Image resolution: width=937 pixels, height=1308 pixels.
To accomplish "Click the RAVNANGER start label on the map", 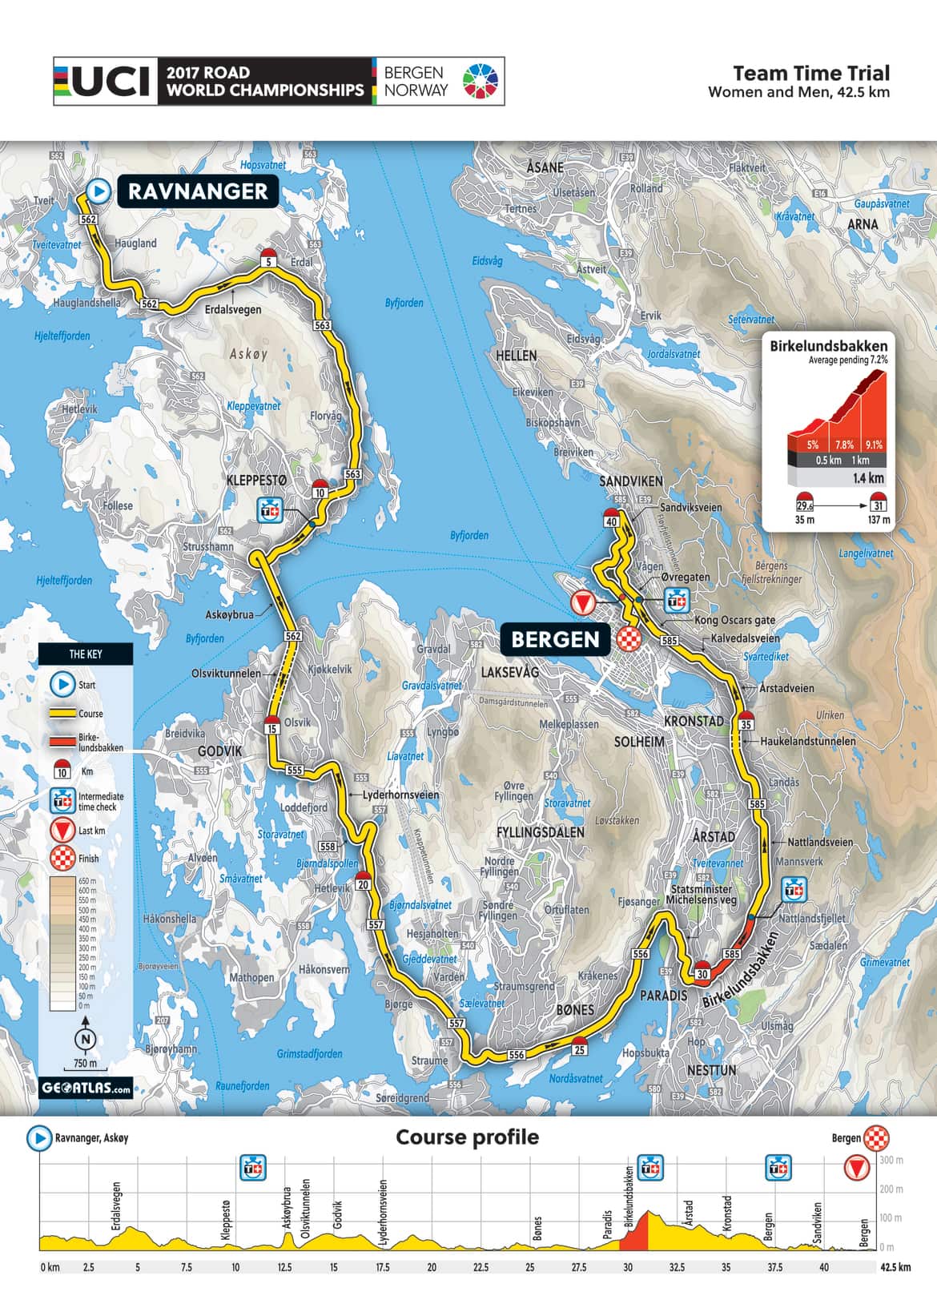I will (197, 191).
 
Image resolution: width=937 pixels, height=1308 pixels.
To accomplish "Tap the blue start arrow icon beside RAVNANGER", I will (98, 191).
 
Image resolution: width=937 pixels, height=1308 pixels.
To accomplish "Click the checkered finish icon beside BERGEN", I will (629, 639).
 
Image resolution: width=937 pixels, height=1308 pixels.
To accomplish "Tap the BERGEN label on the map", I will (555, 639).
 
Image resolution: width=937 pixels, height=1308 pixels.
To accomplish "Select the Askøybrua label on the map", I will (229, 614).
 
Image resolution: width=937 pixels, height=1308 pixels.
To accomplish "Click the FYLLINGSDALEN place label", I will (540, 832).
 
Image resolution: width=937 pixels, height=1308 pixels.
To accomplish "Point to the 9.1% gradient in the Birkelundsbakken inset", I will (873, 445).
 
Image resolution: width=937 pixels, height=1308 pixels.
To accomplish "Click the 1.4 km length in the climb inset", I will (868, 478).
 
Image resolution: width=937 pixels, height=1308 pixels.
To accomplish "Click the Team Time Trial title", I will (810, 73).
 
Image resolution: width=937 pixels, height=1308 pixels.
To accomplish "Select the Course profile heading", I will (467, 1137).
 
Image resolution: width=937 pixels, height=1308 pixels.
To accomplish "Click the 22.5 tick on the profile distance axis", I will (481, 1267).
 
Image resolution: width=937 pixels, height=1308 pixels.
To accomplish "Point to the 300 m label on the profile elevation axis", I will (891, 1161).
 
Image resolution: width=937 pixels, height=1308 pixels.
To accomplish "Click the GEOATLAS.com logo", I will (86, 1089).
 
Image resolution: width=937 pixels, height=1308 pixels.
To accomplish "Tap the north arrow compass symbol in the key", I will (86, 1039).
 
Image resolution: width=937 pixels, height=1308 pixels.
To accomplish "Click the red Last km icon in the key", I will (62, 831).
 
